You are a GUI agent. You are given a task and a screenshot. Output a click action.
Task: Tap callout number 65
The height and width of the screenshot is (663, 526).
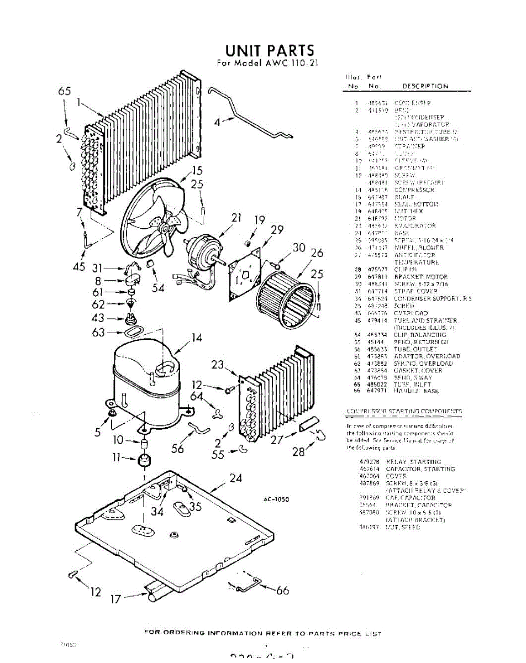tap(65, 92)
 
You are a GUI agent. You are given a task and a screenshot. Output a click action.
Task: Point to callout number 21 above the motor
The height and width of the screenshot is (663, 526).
tap(236, 218)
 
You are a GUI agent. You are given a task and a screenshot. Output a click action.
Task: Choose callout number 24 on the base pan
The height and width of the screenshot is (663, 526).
tap(236, 478)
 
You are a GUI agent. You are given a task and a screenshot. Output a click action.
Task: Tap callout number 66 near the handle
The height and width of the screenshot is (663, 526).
tap(282, 591)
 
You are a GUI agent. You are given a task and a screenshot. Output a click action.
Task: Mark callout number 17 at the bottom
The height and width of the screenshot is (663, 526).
tap(114, 598)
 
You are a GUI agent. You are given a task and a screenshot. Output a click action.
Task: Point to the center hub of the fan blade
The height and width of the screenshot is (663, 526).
tap(165, 228)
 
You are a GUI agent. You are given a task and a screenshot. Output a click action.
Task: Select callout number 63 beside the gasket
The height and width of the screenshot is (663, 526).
tap(98, 332)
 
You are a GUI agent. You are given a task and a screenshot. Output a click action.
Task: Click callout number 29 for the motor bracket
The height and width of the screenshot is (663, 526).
tap(277, 229)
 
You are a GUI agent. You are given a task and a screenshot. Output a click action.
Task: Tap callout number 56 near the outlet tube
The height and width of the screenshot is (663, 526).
tap(177, 449)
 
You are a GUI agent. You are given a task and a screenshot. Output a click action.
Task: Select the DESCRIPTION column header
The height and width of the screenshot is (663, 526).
tap(425, 86)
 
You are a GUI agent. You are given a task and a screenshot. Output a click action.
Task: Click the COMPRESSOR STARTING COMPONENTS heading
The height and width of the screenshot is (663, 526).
tap(404, 412)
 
